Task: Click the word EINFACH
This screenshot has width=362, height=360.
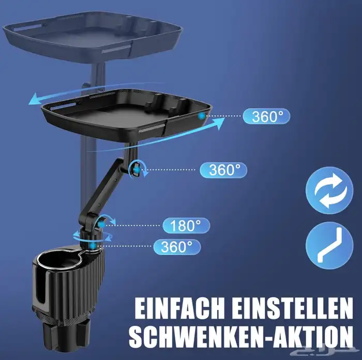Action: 179,308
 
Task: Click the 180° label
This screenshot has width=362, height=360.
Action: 186,226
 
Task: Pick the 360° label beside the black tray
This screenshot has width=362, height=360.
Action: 266,116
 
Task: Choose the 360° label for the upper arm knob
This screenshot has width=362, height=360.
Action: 223,170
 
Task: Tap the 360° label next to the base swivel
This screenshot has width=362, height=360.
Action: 177,247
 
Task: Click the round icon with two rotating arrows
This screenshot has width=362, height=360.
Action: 329,191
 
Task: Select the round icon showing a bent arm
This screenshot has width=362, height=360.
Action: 329,246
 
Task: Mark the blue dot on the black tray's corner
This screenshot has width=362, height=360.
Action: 202,116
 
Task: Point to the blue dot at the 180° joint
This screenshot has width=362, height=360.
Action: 101,224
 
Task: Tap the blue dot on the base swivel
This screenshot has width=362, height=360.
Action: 93,246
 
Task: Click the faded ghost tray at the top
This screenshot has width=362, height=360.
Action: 93,37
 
